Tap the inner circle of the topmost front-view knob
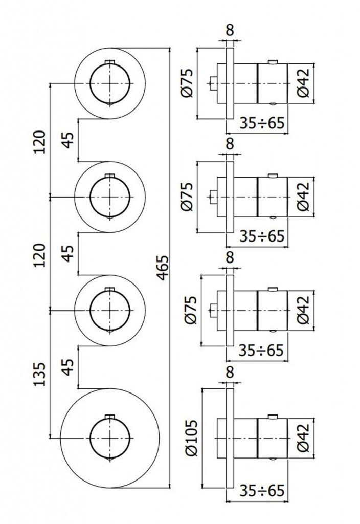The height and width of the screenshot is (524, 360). coord(110,82)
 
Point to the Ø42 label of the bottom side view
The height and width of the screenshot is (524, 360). coord(302,439)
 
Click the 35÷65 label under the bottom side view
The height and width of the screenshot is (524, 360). coord(261,491)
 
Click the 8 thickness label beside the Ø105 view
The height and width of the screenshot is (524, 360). coord(229,373)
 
